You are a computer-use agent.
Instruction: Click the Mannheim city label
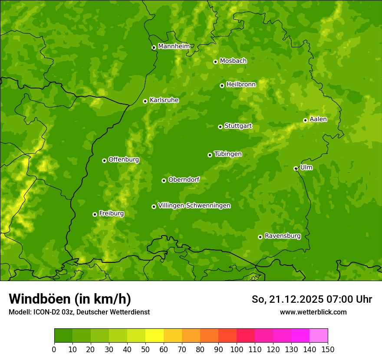[x=174, y=46]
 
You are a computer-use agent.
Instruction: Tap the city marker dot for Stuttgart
[x=220, y=127]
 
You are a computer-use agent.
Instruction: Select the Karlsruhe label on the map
[x=164, y=100]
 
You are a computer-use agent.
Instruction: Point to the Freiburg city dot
[x=95, y=214]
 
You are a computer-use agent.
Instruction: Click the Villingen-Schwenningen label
[x=194, y=206]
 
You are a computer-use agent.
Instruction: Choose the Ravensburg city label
[x=282, y=236]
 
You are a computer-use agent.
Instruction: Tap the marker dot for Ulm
[x=296, y=168]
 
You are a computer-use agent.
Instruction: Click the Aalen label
[x=318, y=119]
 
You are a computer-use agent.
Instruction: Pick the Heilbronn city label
[x=240, y=85]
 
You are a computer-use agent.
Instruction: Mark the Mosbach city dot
[x=215, y=62]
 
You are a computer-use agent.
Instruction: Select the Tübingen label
[x=227, y=154]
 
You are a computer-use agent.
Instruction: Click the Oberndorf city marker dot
[x=164, y=180]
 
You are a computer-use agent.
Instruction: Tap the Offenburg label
[x=123, y=160]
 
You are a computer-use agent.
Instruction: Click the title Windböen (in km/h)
[x=69, y=299]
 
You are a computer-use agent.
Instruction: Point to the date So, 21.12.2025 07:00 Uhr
[x=312, y=299]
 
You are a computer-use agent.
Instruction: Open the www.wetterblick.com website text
[x=313, y=312]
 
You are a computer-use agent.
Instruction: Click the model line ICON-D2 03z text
[x=79, y=312]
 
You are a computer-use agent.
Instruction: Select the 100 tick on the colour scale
[x=236, y=349]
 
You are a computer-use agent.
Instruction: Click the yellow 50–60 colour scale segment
[x=155, y=336]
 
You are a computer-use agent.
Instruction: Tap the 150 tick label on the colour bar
[x=327, y=349]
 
